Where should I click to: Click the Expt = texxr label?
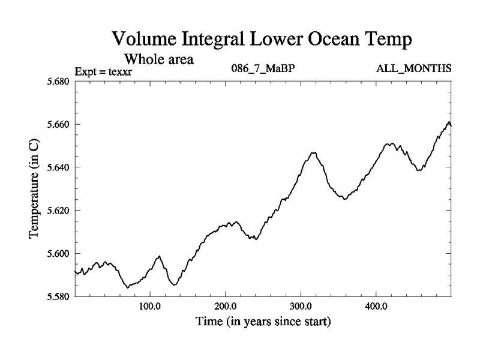coord(103,72)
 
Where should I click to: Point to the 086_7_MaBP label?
coord(262,68)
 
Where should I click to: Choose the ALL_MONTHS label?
coord(413,68)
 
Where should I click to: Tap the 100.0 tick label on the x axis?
coord(149,307)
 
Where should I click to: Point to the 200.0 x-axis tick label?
coord(225,307)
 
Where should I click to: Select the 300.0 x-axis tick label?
coord(301,307)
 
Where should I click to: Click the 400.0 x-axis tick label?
coord(376,307)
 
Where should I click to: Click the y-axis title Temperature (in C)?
coord(34,189)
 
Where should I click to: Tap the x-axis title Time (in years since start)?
coord(263,322)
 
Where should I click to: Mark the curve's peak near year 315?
coord(313,152)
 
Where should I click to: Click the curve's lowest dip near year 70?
coord(127,288)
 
